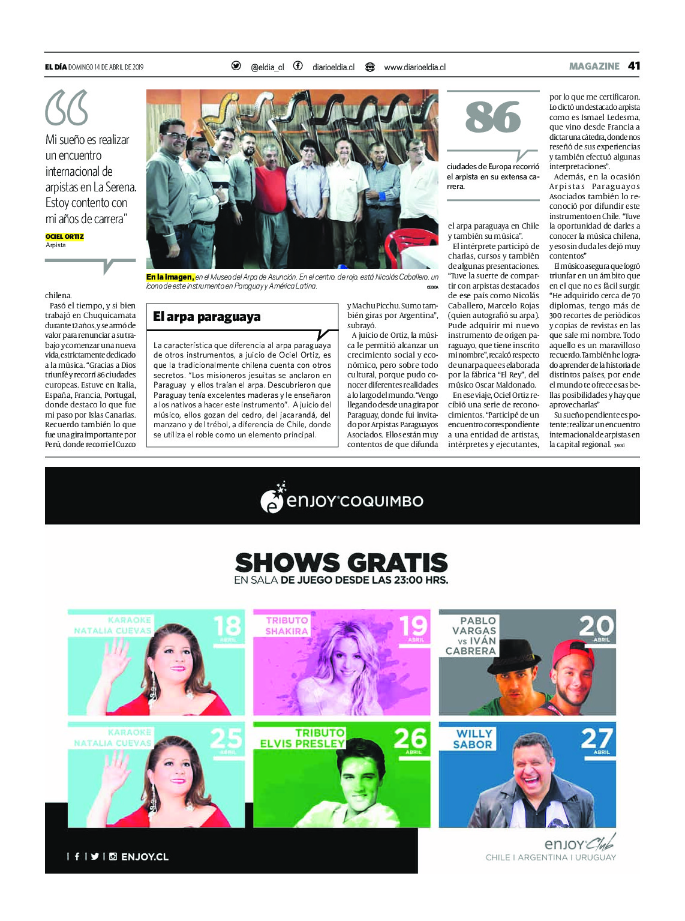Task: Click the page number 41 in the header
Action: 633,66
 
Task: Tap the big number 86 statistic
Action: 493,117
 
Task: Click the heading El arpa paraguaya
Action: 207,317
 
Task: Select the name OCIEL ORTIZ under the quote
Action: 65,236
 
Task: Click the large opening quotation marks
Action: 67,107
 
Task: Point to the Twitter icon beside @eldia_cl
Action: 236,66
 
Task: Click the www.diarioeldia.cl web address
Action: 414,67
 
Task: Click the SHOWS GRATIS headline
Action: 341,563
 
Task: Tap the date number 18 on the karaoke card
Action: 227,626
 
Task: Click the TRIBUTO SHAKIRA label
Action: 287,626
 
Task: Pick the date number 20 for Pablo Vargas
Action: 597,626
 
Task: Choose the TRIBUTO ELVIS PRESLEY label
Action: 302,738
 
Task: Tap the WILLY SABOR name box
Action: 473,739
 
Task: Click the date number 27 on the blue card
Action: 597,739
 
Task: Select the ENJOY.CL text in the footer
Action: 145,857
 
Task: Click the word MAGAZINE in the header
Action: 594,66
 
